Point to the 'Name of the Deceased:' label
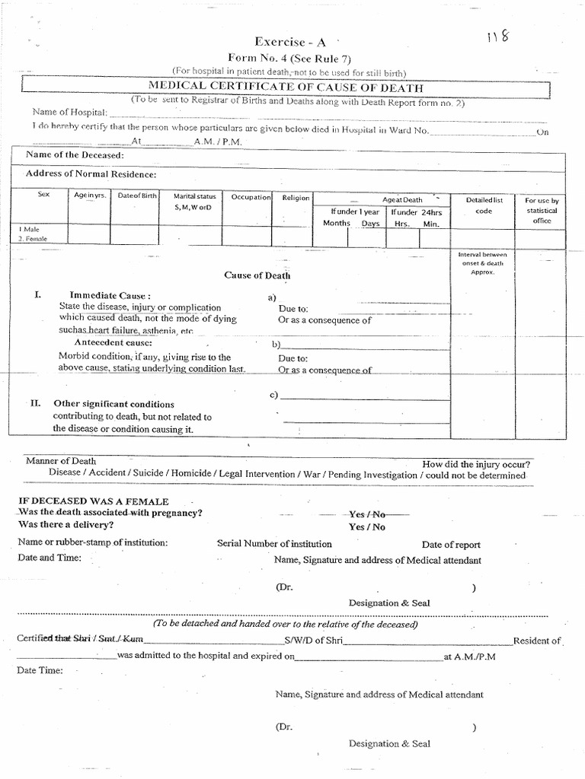75,155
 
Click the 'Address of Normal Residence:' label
91,174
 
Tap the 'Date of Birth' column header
137,196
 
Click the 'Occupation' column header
251,197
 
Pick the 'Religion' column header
296,198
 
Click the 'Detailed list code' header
484,205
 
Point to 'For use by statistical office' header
542,210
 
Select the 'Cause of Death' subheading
257,275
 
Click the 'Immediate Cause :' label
110,295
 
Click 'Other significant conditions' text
113,404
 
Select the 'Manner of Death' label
61,461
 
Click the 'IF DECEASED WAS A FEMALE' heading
93,501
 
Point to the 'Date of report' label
451,545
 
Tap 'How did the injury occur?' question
477,464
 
